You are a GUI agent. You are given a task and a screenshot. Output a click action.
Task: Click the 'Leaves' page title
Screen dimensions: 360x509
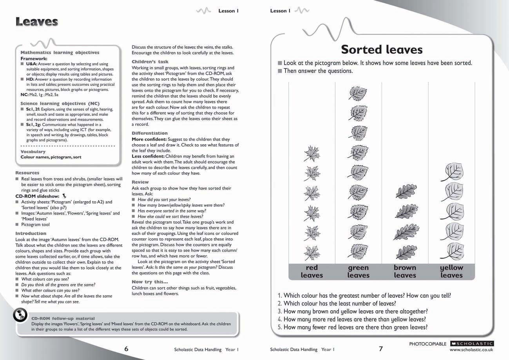coord(37,22)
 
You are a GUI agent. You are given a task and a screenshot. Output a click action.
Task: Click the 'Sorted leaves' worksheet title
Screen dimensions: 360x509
coord(381,49)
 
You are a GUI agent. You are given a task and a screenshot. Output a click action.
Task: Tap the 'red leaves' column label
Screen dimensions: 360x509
coord(312,271)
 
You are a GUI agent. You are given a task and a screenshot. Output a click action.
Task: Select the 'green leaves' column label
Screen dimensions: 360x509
coord(358,271)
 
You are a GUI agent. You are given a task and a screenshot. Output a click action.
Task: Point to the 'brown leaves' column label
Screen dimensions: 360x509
coord(405,271)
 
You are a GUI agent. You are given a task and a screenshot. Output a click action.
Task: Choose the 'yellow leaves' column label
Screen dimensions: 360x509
coord(451,271)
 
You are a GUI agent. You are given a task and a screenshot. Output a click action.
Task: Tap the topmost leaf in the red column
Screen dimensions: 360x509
coord(312,153)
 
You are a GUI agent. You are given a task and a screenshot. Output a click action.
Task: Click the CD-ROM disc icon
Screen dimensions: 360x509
coord(20,315)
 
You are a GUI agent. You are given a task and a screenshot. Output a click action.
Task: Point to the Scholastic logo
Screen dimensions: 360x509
coord(472,344)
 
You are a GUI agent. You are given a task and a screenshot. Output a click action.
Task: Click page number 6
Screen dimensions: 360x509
coord(126,349)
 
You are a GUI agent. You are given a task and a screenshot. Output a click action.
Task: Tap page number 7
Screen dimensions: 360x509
coord(380,349)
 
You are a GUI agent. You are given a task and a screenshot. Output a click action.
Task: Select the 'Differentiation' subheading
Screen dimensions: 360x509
coord(150,133)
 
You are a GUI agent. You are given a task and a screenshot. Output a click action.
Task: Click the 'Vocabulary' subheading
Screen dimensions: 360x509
coord(33,152)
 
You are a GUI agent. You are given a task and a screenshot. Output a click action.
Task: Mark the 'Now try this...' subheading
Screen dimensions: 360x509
coord(150,282)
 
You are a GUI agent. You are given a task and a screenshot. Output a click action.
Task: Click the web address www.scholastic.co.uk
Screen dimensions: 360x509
coord(471,349)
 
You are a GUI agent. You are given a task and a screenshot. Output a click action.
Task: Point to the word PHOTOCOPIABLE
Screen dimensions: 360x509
coord(427,344)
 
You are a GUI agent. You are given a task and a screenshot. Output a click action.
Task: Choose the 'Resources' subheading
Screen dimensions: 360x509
coord(27,173)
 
